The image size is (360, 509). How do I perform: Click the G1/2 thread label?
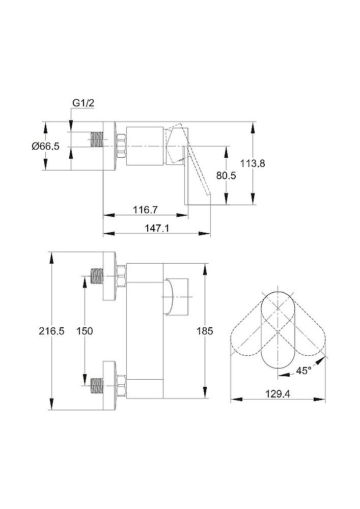click(83, 103)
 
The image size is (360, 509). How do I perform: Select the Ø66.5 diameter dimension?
click(46, 146)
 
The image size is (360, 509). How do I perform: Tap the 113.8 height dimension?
click(253, 163)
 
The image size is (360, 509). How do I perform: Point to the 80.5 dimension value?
click(226, 176)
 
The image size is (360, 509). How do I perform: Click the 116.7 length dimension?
click(146, 210)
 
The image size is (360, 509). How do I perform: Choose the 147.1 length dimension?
click(157, 228)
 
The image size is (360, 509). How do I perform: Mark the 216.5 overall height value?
click(51, 331)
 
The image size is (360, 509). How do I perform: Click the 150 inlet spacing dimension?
click(85, 331)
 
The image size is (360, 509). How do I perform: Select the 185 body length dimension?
click(205, 331)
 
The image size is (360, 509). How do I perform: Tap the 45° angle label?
click(303, 371)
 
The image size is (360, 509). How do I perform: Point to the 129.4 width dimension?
click(278, 394)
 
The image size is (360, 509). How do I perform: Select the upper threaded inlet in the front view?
click(96, 276)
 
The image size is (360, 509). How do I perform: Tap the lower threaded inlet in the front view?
click(96, 386)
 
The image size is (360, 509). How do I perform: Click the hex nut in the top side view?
click(121, 146)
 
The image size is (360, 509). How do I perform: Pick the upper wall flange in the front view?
click(109, 276)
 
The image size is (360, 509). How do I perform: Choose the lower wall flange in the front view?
click(109, 386)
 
